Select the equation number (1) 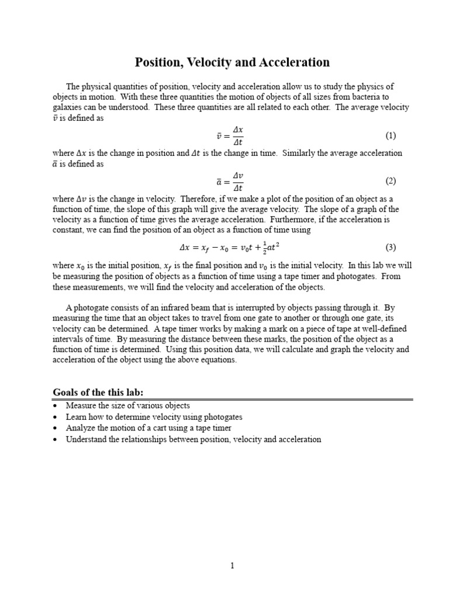tap(391, 135)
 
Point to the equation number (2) tap(391, 181)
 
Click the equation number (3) tap(391, 247)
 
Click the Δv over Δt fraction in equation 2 tap(238, 181)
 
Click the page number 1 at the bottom tap(232, 565)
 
